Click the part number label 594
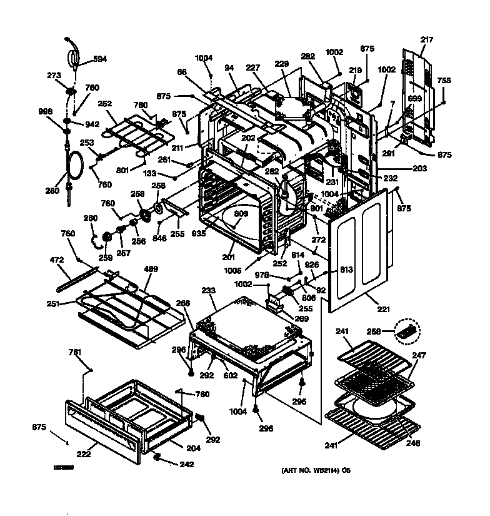point(100,59)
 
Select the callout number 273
point(54,76)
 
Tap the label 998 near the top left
point(45,112)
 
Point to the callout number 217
point(426,40)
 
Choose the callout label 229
point(282,65)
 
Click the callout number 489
point(151,269)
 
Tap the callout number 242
point(186,464)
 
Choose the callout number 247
point(419,355)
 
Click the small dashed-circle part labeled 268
point(407,331)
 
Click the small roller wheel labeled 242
point(159,460)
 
